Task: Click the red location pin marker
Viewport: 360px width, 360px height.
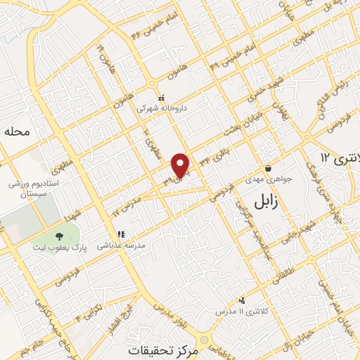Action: pyautogui.click(x=181, y=165)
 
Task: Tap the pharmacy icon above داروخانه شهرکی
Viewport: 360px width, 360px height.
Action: pyautogui.click(x=161, y=98)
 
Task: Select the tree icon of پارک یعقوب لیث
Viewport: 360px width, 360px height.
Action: pyautogui.click(x=59, y=236)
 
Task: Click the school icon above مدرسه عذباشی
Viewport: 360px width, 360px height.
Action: pyautogui.click(x=120, y=233)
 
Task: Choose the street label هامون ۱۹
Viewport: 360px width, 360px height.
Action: pyautogui.click(x=103, y=57)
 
